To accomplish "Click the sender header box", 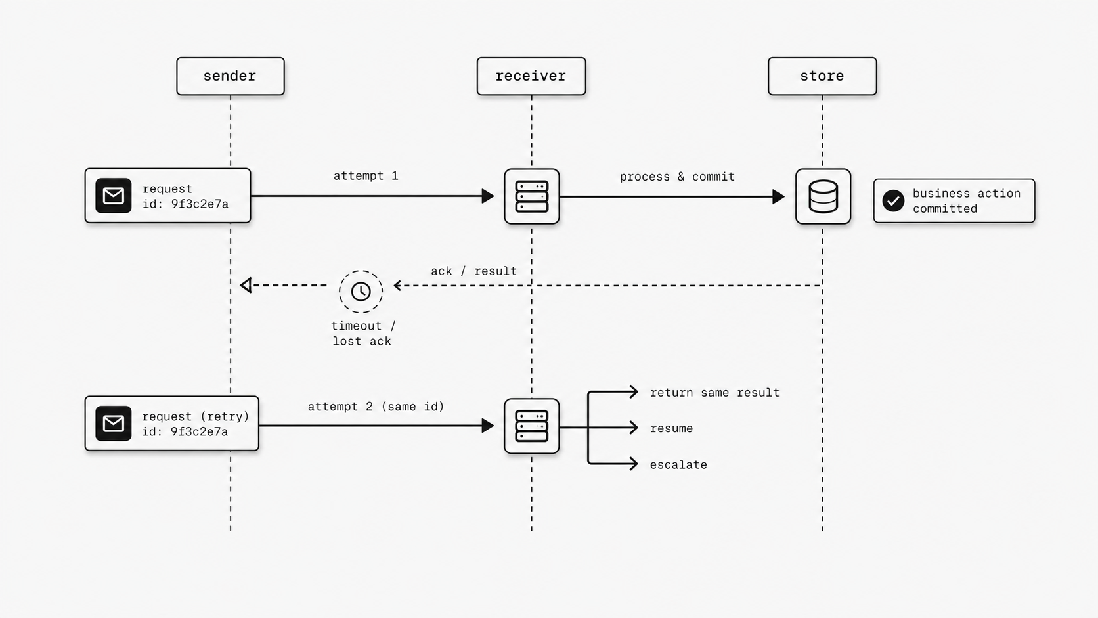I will (x=230, y=76).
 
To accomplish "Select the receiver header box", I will (x=531, y=76).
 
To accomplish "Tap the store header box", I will (x=822, y=76).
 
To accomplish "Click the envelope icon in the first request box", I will (x=113, y=196).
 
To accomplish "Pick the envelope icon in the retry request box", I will (x=113, y=424).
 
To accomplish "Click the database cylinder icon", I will (x=823, y=196).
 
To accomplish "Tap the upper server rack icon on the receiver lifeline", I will (x=531, y=196).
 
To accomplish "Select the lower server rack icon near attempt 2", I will (x=531, y=426).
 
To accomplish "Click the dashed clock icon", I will (x=361, y=292).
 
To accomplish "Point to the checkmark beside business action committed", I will (x=893, y=201).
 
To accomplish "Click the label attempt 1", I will (x=366, y=176).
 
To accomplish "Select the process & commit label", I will (x=676, y=177).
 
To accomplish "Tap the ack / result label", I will (x=473, y=271).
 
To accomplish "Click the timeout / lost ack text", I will (x=362, y=334).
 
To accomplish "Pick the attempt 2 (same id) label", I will (x=376, y=407).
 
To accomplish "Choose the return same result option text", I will (x=714, y=393).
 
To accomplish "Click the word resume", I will (x=671, y=428).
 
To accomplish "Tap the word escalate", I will (x=678, y=465).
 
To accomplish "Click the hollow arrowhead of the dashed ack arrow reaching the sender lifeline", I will (x=246, y=285).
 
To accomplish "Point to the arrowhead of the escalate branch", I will (x=634, y=464).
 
